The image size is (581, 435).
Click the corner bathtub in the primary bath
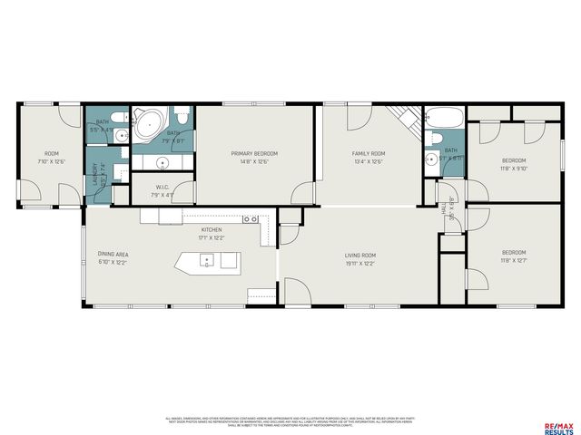[x=147, y=124]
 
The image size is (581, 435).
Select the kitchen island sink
[x=208, y=261]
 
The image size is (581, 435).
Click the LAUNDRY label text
[x=94, y=173]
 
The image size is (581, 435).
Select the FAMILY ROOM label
[x=369, y=154]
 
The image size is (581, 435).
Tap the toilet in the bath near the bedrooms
[x=436, y=139]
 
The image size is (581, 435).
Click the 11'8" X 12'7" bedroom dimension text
[x=514, y=261]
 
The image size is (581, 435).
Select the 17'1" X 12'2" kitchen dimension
[x=211, y=238]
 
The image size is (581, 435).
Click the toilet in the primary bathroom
[x=182, y=118]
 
